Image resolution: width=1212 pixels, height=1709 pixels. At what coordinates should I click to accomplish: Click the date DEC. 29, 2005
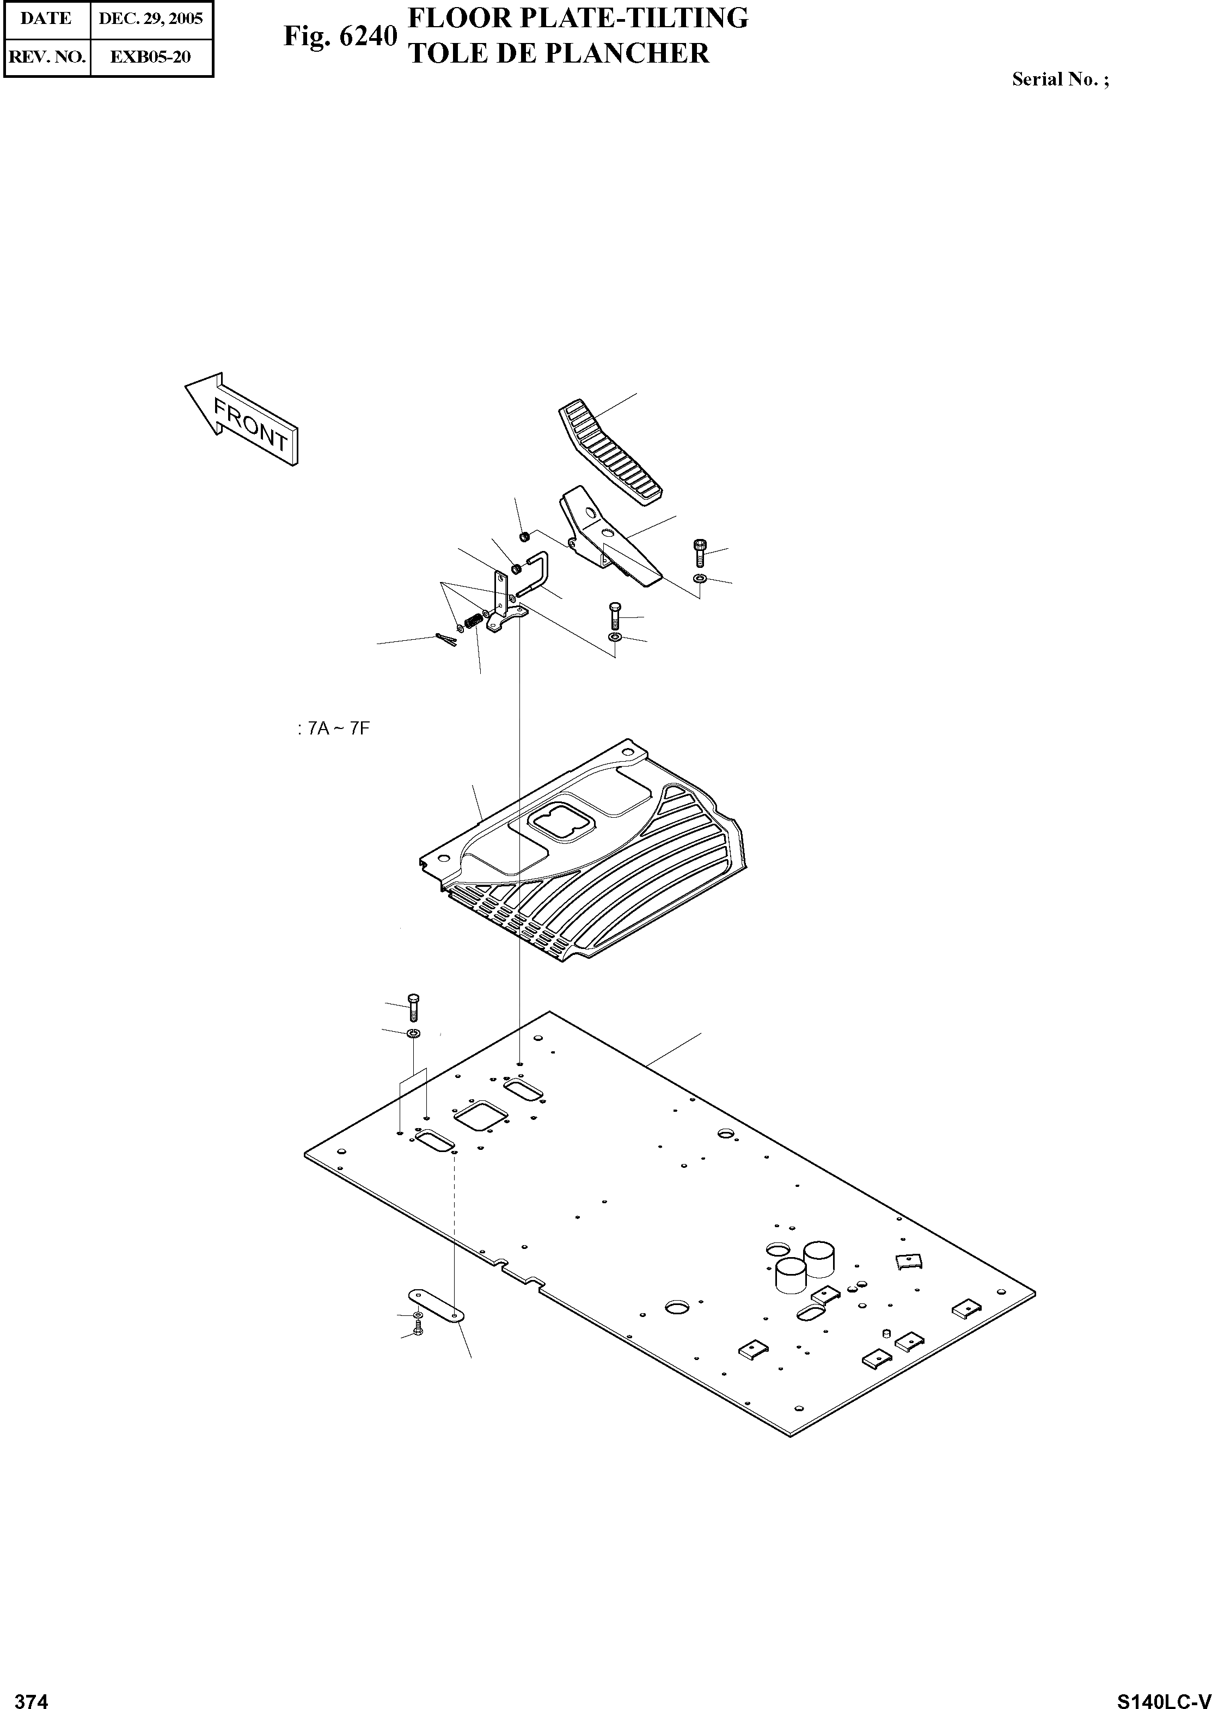pos(151,19)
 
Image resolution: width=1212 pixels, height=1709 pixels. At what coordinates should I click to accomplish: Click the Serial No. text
pos(1060,79)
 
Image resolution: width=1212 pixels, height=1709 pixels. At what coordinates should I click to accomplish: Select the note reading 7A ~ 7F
pos(334,728)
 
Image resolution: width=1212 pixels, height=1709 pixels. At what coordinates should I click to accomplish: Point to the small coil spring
pos(473,620)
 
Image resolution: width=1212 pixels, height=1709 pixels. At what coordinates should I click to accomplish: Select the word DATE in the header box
pos(46,19)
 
